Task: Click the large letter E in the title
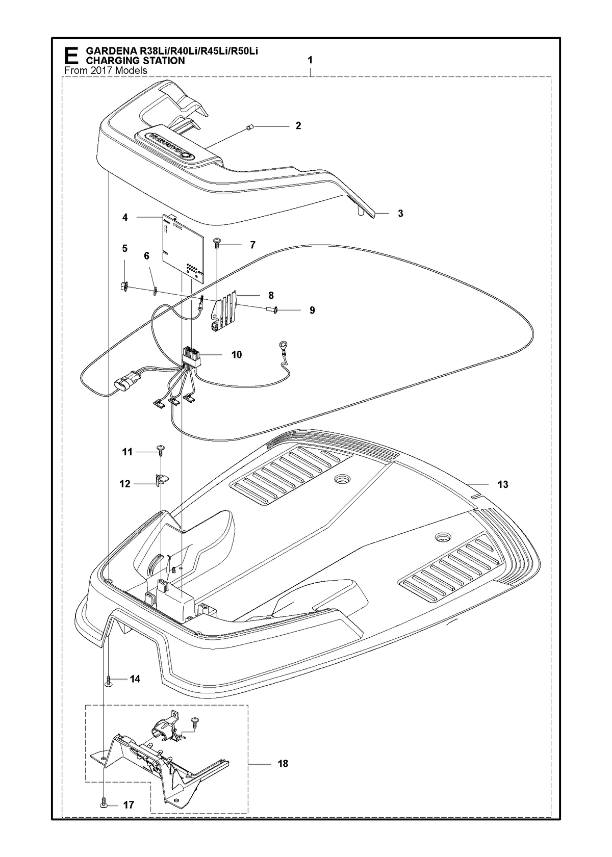71,56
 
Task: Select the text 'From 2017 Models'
106,71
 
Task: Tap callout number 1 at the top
310,60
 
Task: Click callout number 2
298,125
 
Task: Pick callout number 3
400,214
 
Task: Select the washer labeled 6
156,291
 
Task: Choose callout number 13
502,484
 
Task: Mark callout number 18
283,764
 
